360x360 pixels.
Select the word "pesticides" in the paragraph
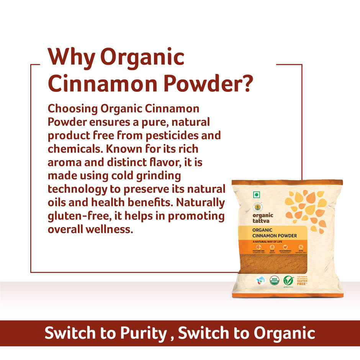[178, 136]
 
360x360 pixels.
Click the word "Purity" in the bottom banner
[141, 333]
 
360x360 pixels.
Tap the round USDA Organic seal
[274, 281]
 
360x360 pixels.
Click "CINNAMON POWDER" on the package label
[275, 236]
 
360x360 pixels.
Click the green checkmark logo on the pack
[289, 280]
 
